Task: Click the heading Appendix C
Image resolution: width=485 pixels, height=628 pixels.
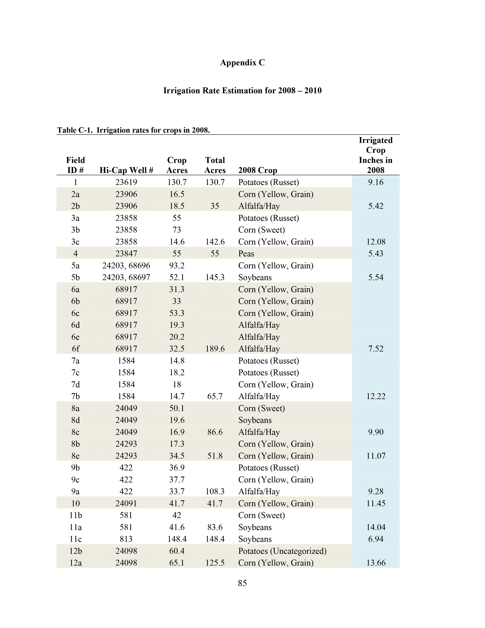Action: coord(242,63)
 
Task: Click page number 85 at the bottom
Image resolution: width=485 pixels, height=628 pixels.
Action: coord(242,583)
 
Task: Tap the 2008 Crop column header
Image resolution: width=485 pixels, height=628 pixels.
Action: coord(258,170)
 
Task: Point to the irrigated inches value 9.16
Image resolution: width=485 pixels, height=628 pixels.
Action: coord(375,182)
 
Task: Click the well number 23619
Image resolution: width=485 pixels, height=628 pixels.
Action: coord(126,182)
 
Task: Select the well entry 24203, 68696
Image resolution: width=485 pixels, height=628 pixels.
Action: coord(126,265)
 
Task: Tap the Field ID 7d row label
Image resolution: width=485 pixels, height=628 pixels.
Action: coord(75,384)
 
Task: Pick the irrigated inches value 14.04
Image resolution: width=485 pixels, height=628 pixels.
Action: coord(375,527)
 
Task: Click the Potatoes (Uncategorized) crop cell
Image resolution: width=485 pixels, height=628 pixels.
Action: coord(282,551)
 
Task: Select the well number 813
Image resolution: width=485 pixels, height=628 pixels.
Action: coord(126,539)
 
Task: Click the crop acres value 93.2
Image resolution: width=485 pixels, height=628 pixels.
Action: coord(177,265)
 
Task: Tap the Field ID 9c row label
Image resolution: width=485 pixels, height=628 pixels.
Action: coord(75,480)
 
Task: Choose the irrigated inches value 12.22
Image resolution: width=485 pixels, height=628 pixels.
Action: coord(375,396)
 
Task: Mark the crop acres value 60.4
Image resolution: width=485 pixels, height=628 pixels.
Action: coord(177,551)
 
